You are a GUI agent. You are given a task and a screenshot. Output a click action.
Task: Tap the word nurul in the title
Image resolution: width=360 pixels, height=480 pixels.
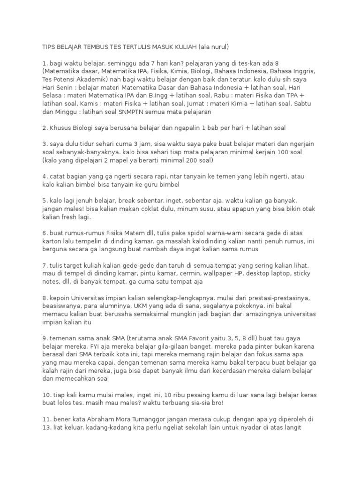(x=217, y=47)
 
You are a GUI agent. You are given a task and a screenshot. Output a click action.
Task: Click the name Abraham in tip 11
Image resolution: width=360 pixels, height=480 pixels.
(x=86, y=419)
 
